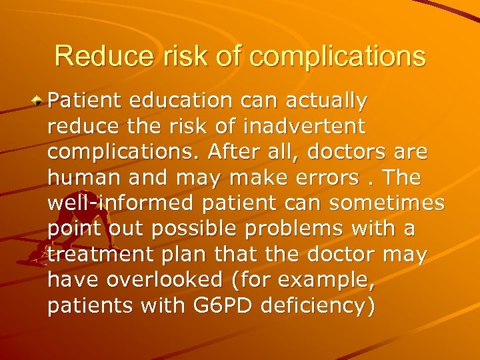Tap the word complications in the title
(337, 57)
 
